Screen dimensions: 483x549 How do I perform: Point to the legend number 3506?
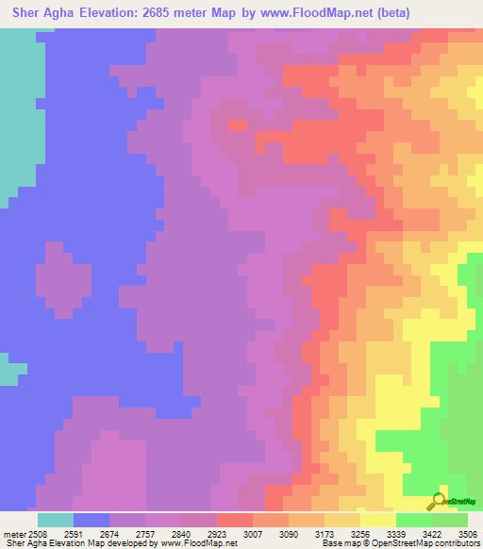pos(468,534)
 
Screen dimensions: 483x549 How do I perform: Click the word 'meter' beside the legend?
pos(13,534)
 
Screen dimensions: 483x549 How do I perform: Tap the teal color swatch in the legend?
pos(56,520)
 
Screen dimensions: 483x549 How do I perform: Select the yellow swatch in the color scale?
pos(378,520)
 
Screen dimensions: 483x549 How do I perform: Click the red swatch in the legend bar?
pos(235,520)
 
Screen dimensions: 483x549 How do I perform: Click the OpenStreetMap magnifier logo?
pos(440,501)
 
